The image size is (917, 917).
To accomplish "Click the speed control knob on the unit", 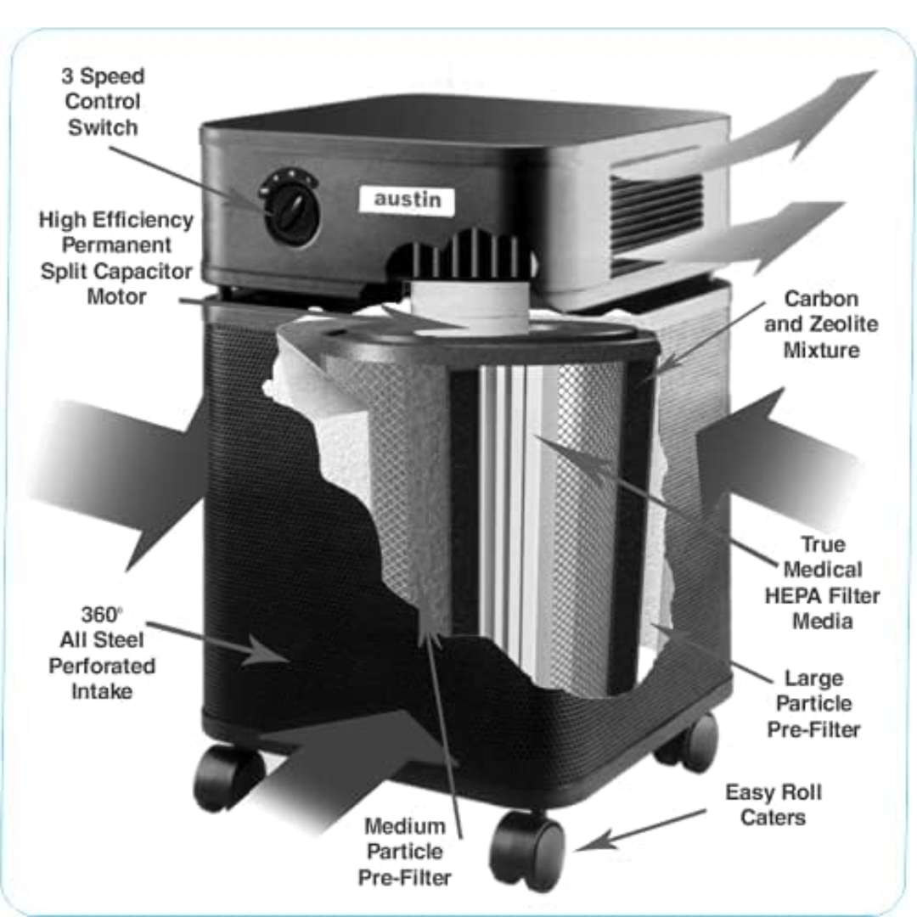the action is (x=290, y=206).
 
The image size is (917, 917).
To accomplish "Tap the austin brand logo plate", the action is (x=407, y=200).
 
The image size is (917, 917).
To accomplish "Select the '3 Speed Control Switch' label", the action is (x=103, y=102).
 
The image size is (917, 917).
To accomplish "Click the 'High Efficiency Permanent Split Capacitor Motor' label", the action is (x=115, y=258).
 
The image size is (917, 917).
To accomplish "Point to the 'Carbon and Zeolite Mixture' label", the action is (x=821, y=324).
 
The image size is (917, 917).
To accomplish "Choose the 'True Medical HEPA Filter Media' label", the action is (x=822, y=582).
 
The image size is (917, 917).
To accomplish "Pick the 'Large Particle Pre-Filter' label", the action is (x=813, y=704).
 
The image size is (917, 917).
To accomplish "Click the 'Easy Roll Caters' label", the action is (x=774, y=805).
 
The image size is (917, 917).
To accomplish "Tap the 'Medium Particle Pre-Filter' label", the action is (x=405, y=852).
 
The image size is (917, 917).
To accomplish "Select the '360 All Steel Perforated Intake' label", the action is (x=102, y=653).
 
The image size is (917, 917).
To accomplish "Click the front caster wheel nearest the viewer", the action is (x=528, y=849).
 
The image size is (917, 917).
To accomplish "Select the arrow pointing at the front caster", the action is (x=641, y=830).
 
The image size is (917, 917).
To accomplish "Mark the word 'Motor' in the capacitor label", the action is (x=116, y=296).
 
